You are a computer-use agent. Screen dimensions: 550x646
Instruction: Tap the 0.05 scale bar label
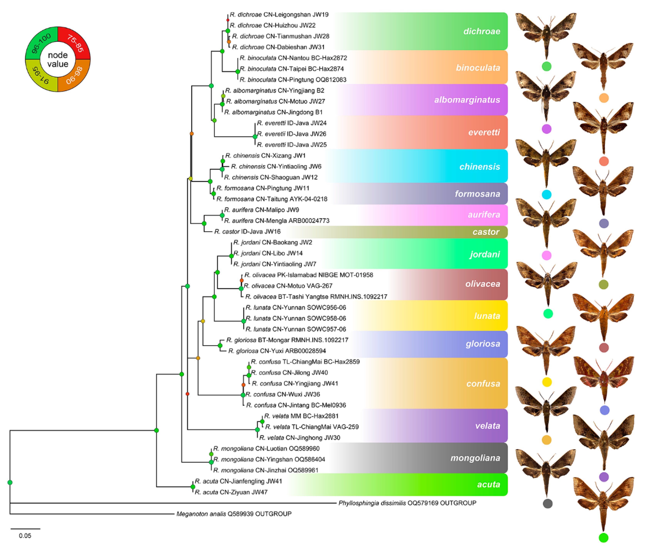25,536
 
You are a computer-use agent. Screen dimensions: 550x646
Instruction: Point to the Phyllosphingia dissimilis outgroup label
407,503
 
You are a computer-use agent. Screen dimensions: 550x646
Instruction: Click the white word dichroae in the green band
482,31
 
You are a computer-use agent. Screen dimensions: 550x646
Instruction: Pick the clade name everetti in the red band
484,132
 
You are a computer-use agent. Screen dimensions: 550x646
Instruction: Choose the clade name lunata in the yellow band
487,316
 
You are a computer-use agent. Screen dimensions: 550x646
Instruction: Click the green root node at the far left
10,482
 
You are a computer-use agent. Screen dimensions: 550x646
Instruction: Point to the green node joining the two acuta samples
193,487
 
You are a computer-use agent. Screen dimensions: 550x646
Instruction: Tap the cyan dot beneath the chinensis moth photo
546,194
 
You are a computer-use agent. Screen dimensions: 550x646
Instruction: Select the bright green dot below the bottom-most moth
603,537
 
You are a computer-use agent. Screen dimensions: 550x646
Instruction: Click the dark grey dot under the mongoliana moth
547,503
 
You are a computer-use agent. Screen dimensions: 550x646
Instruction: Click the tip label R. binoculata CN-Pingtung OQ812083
293,79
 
